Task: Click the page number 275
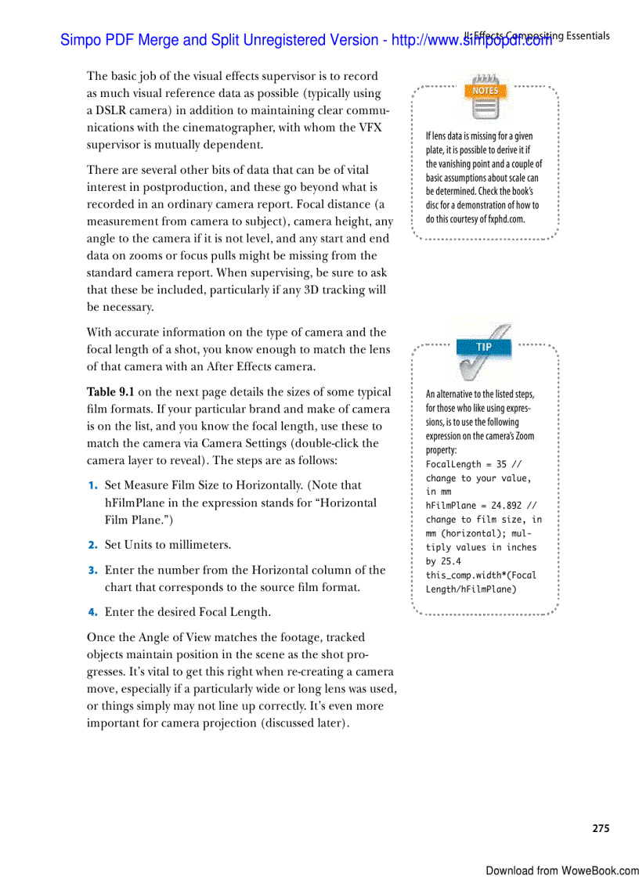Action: [600, 828]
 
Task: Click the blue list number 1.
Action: [92, 486]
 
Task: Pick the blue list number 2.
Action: [92, 545]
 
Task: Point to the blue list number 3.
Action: [92, 571]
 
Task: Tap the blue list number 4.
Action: [92, 612]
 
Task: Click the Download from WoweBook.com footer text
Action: [561, 870]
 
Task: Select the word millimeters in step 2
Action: [196, 545]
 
